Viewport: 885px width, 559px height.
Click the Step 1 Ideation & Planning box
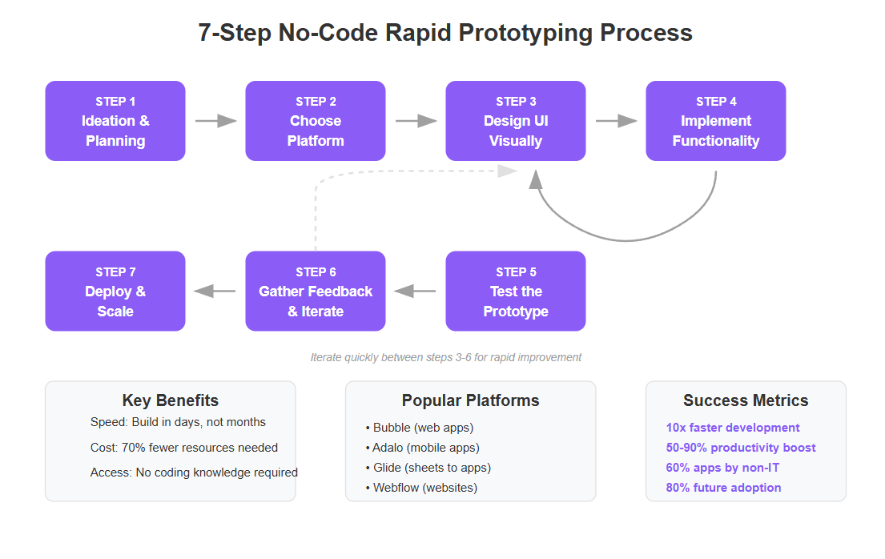tap(115, 121)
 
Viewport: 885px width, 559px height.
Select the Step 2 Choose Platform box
tap(316, 121)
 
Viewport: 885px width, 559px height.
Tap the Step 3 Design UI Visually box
tap(516, 121)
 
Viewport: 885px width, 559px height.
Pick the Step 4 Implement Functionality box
tap(716, 121)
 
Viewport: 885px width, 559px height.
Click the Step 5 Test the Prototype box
tap(516, 292)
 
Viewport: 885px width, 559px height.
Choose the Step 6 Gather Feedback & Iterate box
tap(316, 292)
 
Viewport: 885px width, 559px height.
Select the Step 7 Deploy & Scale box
tap(115, 292)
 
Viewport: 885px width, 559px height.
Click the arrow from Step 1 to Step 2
tap(215, 121)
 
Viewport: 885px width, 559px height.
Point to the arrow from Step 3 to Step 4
tap(616, 121)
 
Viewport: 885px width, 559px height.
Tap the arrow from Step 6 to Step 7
tap(215, 292)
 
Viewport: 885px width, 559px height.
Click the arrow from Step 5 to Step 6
tap(416, 292)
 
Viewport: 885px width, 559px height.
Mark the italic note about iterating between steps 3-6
tap(446, 357)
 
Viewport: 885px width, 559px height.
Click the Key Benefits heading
tap(171, 400)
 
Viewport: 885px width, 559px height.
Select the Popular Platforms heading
tap(471, 400)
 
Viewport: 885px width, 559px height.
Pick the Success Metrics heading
tap(746, 400)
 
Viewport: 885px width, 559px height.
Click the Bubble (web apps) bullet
tap(420, 428)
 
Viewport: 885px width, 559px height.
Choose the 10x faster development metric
tap(733, 428)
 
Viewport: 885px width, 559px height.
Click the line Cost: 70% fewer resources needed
tap(184, 448)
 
